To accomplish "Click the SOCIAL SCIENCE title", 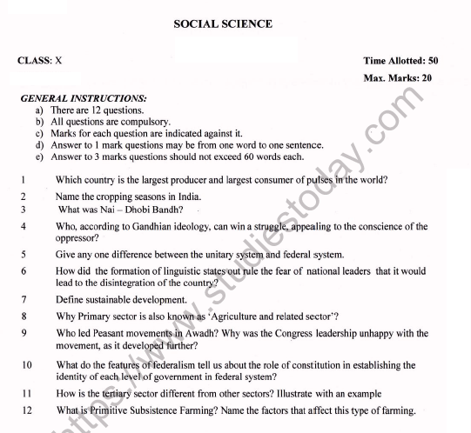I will click(x=223, y=23).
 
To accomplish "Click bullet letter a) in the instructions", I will click(x=40, y=111).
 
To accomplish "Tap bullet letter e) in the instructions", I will click(x=40, y=157).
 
